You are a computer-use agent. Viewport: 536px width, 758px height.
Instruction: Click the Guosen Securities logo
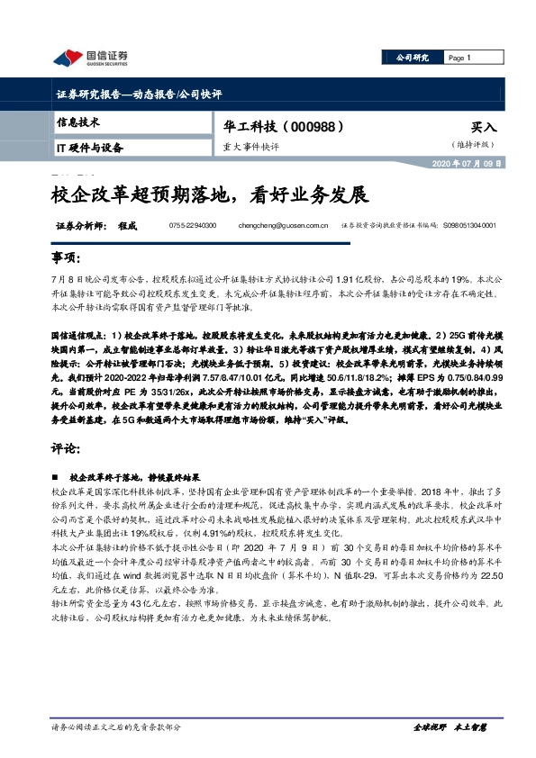click(89, 58)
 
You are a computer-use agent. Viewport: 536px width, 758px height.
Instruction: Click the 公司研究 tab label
click(412, 58)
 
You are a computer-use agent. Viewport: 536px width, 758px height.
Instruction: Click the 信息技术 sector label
click(78, 122)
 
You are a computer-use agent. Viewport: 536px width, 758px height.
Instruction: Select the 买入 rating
click(484, 128)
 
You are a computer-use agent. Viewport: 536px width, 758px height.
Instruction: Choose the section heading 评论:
click(67, 447)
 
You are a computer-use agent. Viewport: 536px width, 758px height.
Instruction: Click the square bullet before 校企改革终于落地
click(58, 476)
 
